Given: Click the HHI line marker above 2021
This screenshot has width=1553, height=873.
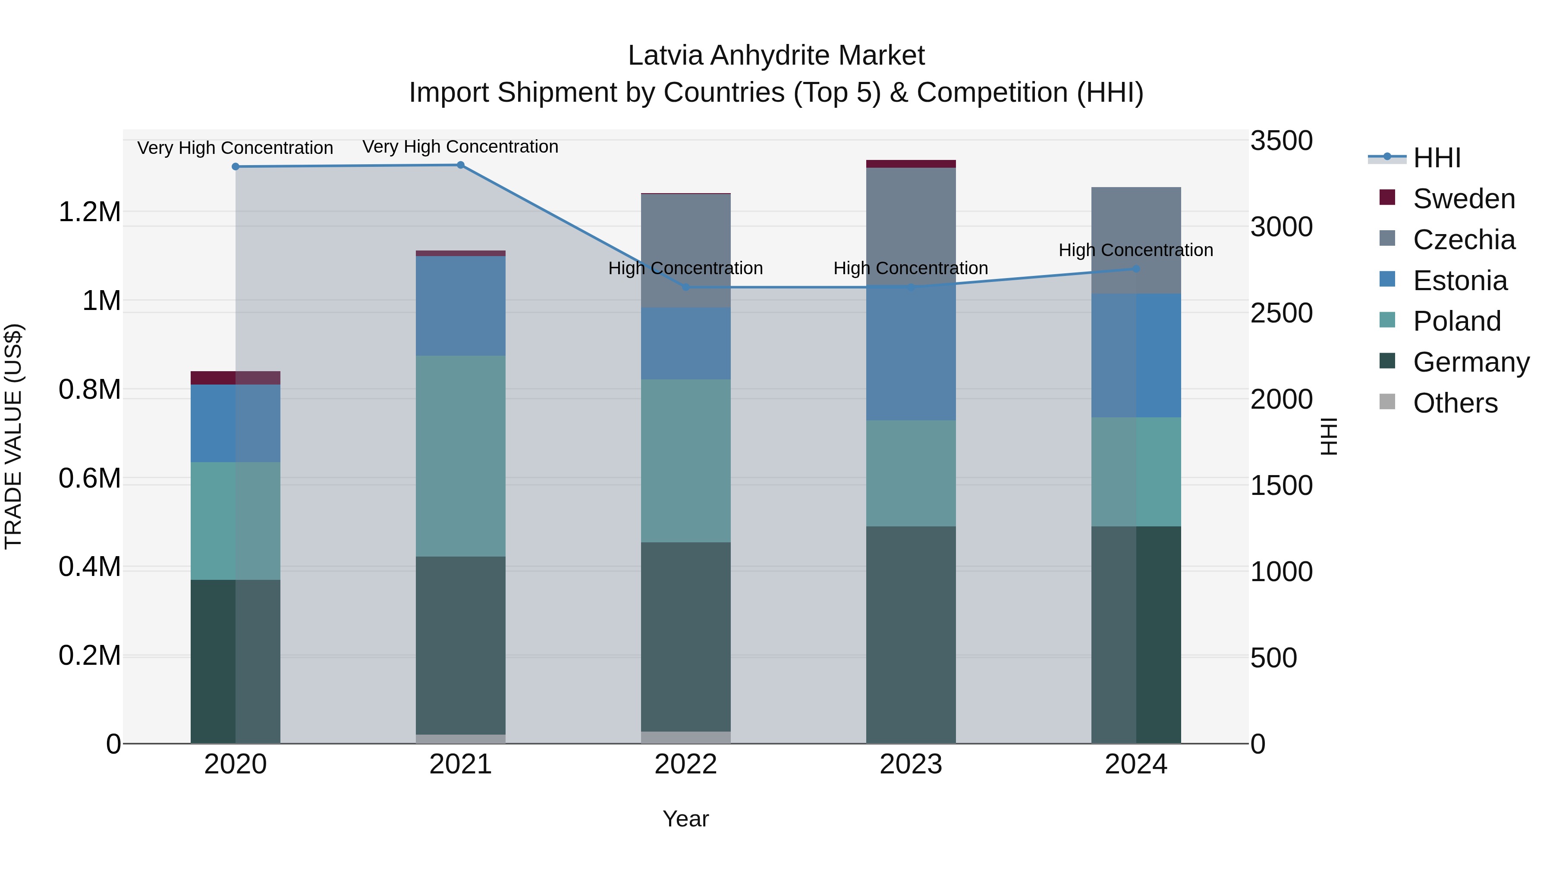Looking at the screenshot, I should click(x=461, y=165).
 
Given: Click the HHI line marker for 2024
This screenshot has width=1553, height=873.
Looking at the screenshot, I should click(x=1136, y=269).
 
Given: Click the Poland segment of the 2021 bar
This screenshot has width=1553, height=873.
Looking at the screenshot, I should click(x=461, y=456).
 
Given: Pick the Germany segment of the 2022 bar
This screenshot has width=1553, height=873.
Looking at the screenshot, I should click(x=685, y=636).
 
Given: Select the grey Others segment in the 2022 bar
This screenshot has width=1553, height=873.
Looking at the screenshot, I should click(x=685, y=738).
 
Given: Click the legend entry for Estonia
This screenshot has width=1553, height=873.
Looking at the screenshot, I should click(x=1459, y=281).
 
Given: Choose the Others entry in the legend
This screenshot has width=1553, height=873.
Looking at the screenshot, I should click(x=1455, y=403).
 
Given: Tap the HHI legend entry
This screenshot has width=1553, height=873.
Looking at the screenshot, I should click(x=1437, y=158).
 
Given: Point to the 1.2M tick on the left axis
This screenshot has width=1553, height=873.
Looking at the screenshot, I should click(x=89, y=212).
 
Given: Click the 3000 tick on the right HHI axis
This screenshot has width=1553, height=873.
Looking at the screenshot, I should click(x=1281, y=227).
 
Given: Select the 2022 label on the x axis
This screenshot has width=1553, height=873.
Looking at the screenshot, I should click(x=685, y=764).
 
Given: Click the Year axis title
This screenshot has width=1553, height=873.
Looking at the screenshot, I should click(x=685, y=819).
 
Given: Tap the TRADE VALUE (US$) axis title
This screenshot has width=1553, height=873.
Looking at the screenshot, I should click(x=13, y=436).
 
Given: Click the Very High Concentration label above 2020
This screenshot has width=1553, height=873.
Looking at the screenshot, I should click(x=235, y=147).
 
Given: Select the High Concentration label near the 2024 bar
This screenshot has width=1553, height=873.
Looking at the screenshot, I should click(x=1136, y=250).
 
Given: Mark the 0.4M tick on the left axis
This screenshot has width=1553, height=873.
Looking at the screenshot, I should click(x=89, y=567).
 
